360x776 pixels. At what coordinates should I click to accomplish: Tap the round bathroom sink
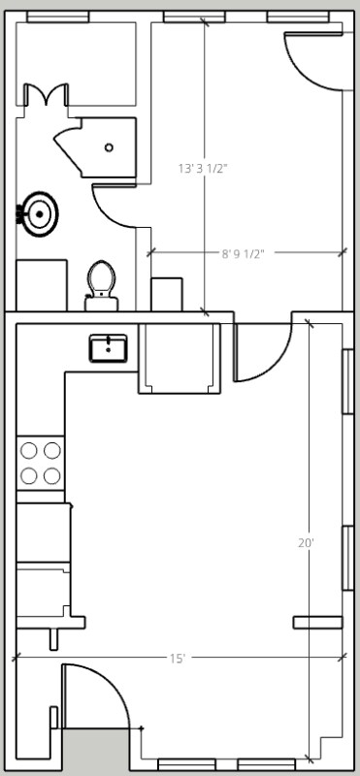coord(40,212)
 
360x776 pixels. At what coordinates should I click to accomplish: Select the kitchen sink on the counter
coord(109,347)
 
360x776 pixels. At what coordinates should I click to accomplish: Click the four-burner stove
coord(40,463)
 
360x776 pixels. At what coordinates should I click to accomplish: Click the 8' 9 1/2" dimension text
coord(243,254)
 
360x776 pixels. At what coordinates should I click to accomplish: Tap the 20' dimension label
coord(306,544)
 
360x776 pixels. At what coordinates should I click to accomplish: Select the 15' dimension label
coord(178,659)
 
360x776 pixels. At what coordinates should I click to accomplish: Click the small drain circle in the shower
coord(109,147)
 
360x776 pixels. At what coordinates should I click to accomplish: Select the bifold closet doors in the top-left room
coord(45,95)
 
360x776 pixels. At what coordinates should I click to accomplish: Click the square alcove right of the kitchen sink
coord(179,359)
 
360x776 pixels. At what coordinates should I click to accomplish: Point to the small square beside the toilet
coord(167,294)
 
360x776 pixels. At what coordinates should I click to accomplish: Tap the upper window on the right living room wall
coord(346,380)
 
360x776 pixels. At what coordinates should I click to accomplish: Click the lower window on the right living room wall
coord(346,557)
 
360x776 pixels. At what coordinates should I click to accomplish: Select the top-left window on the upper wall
coord(57,16)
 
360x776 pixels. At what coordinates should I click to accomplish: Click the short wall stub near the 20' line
coord(318,622)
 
